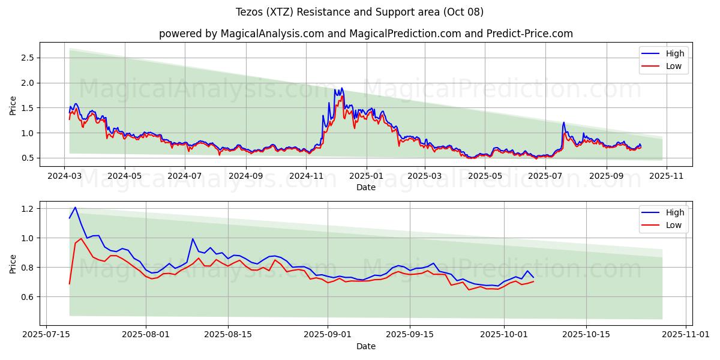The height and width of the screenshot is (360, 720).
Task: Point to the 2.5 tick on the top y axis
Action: pos(27,58)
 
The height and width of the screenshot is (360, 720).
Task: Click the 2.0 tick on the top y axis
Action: pos(27,83)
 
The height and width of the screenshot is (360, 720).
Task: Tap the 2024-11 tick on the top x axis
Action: pos(306,176)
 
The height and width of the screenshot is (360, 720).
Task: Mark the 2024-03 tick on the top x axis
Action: pos(65,176)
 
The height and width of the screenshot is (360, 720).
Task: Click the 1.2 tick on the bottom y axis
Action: pos(27,209)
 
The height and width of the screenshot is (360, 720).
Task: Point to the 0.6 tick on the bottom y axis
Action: pos(27,297)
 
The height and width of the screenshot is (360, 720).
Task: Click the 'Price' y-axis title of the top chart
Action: pos(13,106)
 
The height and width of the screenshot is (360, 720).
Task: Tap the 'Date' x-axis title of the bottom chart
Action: pos(365,346)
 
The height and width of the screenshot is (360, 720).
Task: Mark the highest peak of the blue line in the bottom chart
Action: pos(75,208)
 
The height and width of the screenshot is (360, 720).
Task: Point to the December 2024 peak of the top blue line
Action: pos(342,88)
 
